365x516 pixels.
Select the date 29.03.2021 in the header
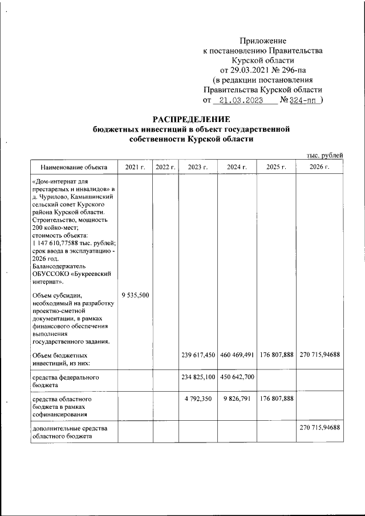click(252, 70)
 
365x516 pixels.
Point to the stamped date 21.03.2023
click(240, 100)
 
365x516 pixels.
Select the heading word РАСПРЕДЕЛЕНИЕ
click(191, 119)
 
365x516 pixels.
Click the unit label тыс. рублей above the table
click(324, 155)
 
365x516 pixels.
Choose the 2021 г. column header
click(135, 167)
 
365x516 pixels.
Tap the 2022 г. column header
click(165, 167)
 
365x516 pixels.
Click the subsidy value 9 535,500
click(135, 295)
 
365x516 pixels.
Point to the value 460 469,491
click(236, 355)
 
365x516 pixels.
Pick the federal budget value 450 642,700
click(236, 377)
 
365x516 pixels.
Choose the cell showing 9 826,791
click(237, 400)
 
